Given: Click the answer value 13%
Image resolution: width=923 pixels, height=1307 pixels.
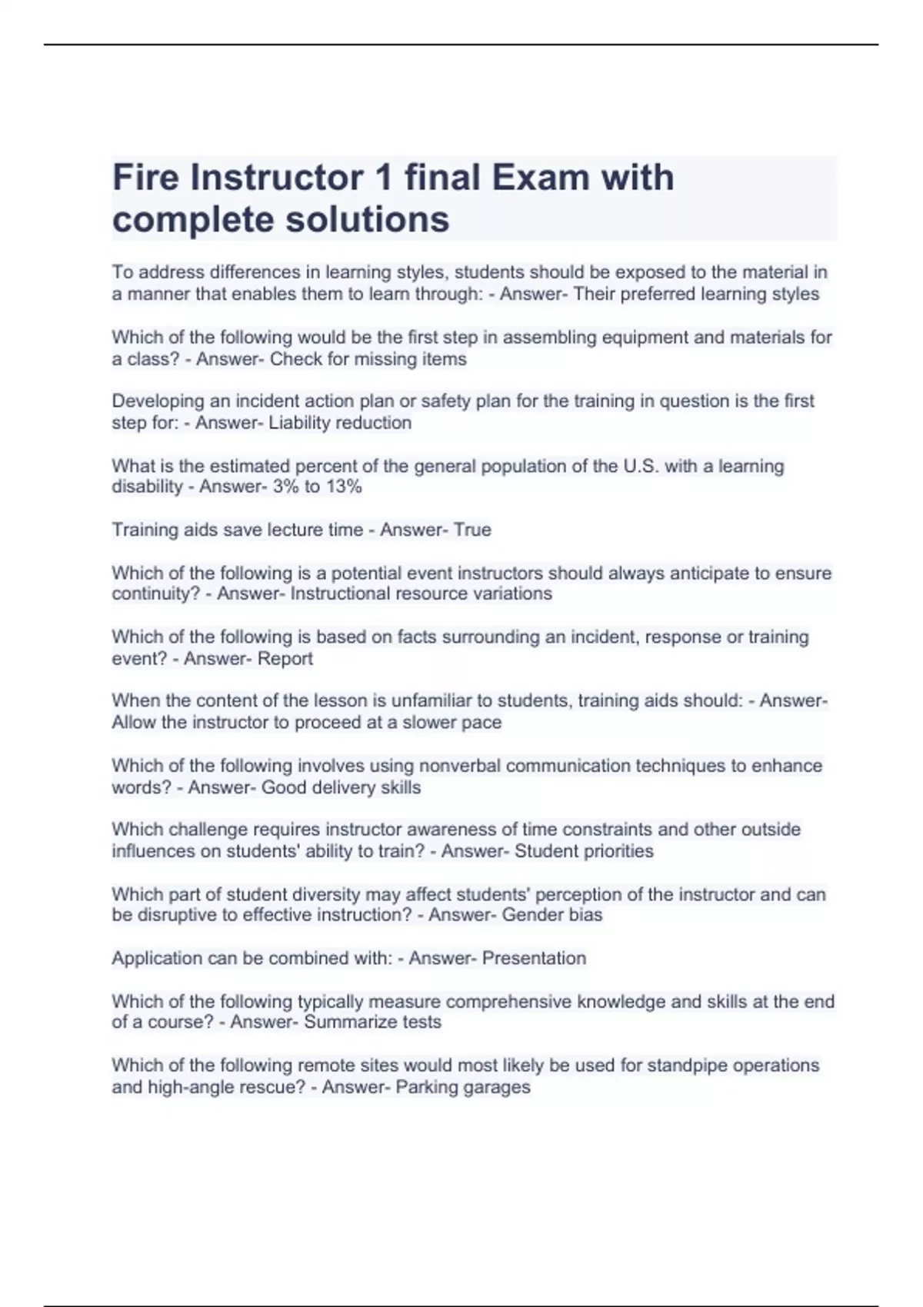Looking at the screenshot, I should click(x=344, y=487).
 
